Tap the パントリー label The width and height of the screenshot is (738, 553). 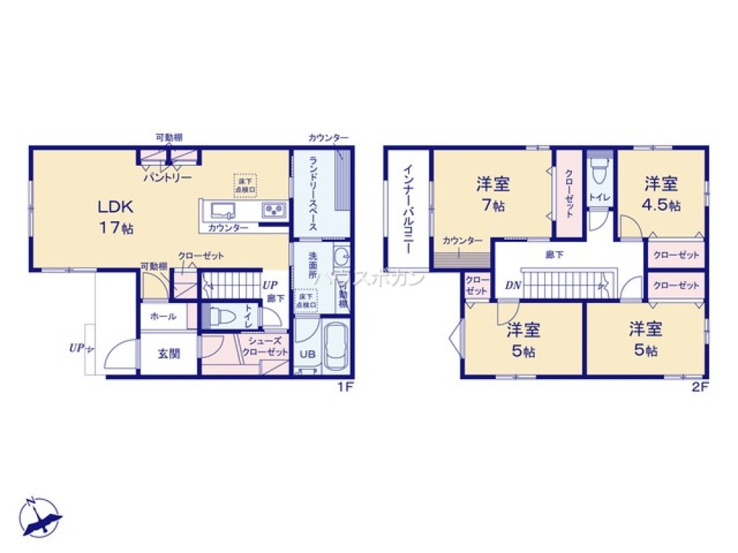(x=168, y=178)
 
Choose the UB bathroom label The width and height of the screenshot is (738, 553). (x=306, y=354)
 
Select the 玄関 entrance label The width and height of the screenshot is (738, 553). (x=168, y=353)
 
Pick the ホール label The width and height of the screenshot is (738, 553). (x=162, y=316)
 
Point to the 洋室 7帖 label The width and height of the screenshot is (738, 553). (x=493, y=193)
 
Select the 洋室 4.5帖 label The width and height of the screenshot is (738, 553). (x=661, y=193)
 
